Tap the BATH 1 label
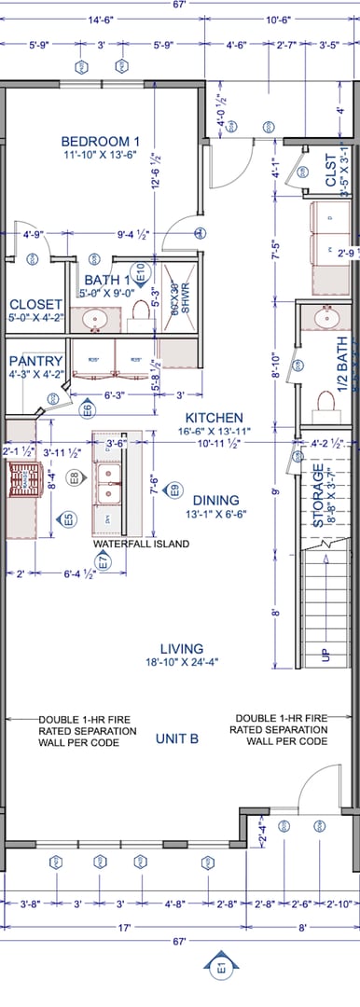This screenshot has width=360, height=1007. (106, 280)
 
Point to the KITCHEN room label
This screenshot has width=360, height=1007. (214, 418)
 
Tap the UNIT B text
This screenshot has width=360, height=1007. (177, 738)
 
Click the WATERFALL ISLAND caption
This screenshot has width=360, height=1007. (141, 544)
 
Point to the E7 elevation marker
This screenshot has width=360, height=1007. (104, 560)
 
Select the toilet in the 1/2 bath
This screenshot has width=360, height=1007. (325, 401)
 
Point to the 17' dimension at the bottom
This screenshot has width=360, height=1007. (124, 928)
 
